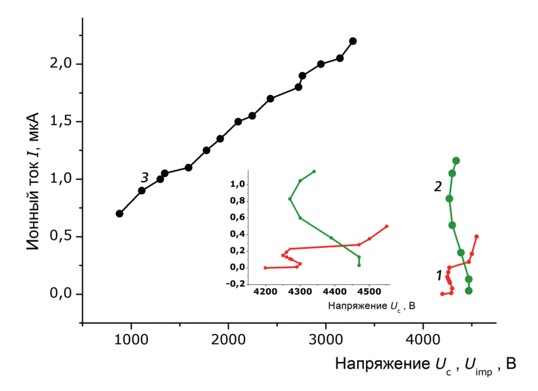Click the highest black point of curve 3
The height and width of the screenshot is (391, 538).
[353, 41]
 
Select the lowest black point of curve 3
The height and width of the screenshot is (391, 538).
[119, 213]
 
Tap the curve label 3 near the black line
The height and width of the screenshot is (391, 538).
[144, 178]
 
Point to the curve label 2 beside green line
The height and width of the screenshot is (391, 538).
[438, 187]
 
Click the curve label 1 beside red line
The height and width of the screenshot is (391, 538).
[439, 276]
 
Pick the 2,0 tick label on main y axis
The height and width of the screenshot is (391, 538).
[61, 63]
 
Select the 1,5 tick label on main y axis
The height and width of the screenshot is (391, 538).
[61, 121]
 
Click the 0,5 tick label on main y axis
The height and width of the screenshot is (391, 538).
[61, 236]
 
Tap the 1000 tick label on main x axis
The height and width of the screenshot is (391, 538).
[131, 340]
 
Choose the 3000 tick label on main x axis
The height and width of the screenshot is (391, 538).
[326, 340]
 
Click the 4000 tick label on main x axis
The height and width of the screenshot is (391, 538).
[423, 340]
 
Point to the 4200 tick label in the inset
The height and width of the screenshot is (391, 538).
[265, 292]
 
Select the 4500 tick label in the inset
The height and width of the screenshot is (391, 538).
[369, 292]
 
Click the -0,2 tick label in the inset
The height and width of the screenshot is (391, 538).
[236, 284]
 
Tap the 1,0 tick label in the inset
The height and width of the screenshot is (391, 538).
[237, 184]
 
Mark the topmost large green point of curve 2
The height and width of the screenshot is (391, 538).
[456, 161]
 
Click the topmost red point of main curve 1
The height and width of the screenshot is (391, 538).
[477, 237]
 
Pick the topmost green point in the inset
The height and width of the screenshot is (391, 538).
[314, 171]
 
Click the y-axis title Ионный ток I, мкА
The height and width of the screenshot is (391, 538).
[33, 181]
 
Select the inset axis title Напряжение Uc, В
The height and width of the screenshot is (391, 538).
[372, 306]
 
